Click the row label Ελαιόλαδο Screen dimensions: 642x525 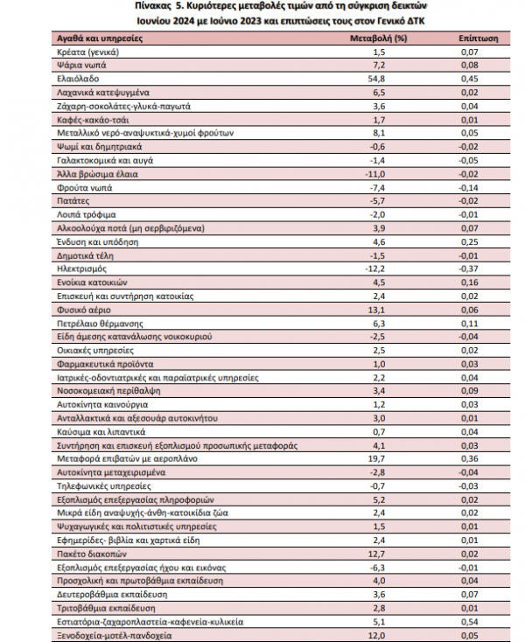(74, 78)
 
